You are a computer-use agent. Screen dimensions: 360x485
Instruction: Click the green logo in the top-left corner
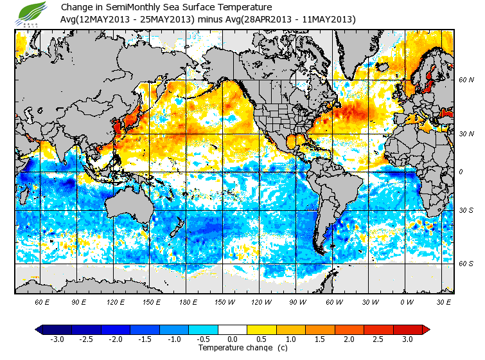click(x=27, y=13)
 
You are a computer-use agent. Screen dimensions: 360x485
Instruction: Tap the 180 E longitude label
click(x=189, y=301)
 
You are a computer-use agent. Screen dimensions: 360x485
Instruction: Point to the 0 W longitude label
click(x=406, y=301)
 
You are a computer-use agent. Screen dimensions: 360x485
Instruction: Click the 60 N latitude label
click(x=466, y=80)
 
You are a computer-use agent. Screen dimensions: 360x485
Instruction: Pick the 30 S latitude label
click(x=466, y=210)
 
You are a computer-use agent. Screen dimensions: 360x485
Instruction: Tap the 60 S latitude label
click(x=466, y=264)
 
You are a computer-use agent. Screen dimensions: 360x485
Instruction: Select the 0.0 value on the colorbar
click(x=233, y=339)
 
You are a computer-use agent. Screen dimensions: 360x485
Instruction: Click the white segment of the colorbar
click(x=233, y=330)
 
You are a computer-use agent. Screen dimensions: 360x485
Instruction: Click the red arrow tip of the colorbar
click(x=426, y=330)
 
